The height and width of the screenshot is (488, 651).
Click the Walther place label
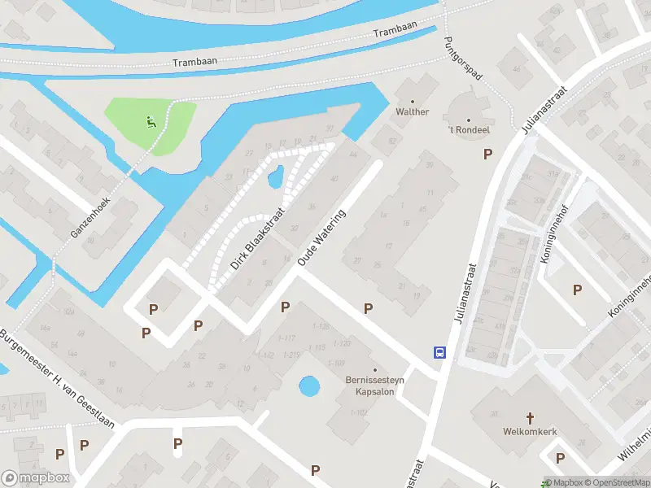click(x=412, y=111)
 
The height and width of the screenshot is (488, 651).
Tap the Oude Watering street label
click(x=322, y=237)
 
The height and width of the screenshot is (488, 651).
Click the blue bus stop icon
click(x=439, y=352)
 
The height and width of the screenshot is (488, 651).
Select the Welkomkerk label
click(x=530, y=432)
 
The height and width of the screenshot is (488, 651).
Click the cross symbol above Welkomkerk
click(x=530, y=418)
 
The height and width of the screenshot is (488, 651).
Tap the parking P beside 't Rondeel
click(x=487, y=154)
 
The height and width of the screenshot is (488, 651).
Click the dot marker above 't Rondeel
click(x=468, y=120)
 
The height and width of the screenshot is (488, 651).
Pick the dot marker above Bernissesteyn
click(x=375, y=368)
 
